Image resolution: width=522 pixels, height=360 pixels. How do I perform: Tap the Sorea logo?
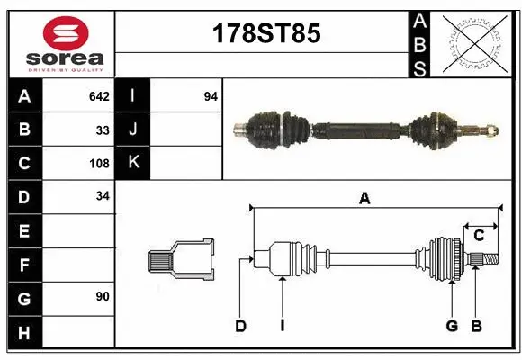66,45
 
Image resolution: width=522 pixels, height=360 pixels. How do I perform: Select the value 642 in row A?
99,96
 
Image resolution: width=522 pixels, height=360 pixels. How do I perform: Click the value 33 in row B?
103,130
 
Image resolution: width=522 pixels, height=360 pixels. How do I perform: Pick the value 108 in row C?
99,164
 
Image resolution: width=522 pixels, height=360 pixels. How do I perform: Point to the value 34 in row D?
103,196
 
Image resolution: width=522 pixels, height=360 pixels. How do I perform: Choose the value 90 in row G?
103,296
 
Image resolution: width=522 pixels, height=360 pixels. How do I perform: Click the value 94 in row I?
211,96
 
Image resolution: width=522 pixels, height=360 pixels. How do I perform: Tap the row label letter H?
24,333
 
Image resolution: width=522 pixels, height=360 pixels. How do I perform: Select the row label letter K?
133,163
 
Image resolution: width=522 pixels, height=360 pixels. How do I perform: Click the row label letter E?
24,231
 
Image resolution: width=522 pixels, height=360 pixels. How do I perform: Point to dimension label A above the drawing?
364,199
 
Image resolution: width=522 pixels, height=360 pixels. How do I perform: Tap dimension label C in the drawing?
480,235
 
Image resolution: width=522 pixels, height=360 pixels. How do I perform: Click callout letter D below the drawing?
240,326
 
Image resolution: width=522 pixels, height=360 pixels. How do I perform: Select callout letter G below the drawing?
452,326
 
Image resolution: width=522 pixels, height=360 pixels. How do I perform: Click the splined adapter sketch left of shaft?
181,259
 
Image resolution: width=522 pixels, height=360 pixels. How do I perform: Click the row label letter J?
133,130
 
